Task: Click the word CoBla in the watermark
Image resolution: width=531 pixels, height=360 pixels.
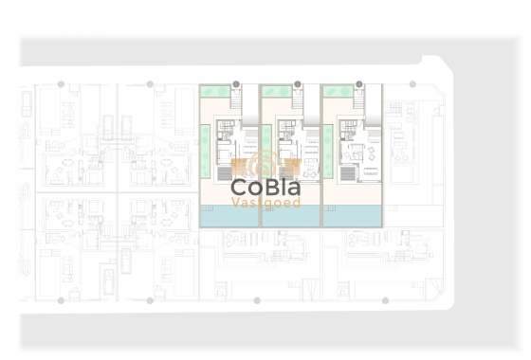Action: (265, 188)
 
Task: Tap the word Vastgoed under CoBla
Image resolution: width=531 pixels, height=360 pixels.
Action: (265, 203)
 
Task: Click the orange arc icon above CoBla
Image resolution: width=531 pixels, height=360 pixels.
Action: (265, 163)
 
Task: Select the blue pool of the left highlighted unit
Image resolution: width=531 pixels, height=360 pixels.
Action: (228, 217)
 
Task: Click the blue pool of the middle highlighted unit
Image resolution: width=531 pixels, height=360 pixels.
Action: (289, 217)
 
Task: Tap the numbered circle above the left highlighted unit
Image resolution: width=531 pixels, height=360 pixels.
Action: (236, 84)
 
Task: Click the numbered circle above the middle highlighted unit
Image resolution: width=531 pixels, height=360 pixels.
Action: (298, 84)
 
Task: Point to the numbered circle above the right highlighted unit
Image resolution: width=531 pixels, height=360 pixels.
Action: (358, 84)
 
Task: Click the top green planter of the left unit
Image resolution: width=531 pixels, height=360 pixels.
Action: (214, 92)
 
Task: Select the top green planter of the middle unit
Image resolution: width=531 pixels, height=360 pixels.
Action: (276, 92)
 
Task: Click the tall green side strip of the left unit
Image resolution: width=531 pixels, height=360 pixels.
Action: (206, 152)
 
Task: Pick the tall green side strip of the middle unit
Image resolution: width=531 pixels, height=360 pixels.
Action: (266, 152)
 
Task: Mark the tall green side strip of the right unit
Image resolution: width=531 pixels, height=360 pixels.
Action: (328, 152)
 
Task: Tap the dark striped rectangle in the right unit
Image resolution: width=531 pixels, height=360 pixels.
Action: (347, 173)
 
